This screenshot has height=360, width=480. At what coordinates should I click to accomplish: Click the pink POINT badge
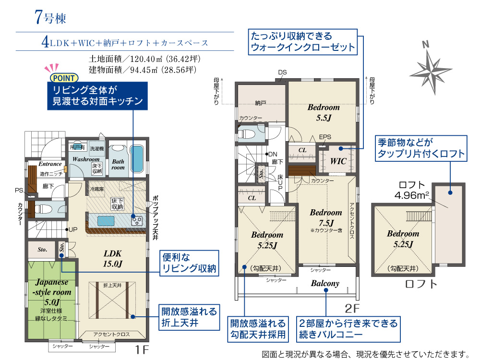point(64,78)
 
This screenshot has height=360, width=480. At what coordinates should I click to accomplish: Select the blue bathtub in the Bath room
point(137,159)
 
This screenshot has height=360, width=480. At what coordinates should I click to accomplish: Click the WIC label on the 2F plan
point(338,161)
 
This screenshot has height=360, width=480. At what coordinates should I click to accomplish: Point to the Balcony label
point(325,284)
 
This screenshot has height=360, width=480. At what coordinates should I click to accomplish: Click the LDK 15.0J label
point(113,259)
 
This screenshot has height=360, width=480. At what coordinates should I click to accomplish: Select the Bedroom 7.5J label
point(326,217)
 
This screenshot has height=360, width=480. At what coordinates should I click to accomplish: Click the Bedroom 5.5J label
point(324,112)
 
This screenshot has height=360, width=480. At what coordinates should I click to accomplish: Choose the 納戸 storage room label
point(261,103)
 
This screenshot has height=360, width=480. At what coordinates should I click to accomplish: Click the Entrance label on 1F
point(50,164)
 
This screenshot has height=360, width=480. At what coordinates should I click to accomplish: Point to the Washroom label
point(86,159)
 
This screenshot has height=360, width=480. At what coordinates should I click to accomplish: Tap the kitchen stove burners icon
point(136,221)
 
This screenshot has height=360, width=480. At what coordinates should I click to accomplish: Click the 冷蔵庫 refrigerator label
point(97,189)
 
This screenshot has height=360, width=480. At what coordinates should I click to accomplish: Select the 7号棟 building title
point(50,17)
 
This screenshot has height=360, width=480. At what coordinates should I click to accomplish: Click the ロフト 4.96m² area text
point(412,190)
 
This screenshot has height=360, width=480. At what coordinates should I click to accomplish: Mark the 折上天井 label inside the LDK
point(112,285)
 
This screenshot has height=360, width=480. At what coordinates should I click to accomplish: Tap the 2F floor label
point(352,308)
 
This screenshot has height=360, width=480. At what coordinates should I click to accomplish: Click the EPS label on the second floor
point(325,137)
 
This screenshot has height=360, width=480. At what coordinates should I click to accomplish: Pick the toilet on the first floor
point(41,209)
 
